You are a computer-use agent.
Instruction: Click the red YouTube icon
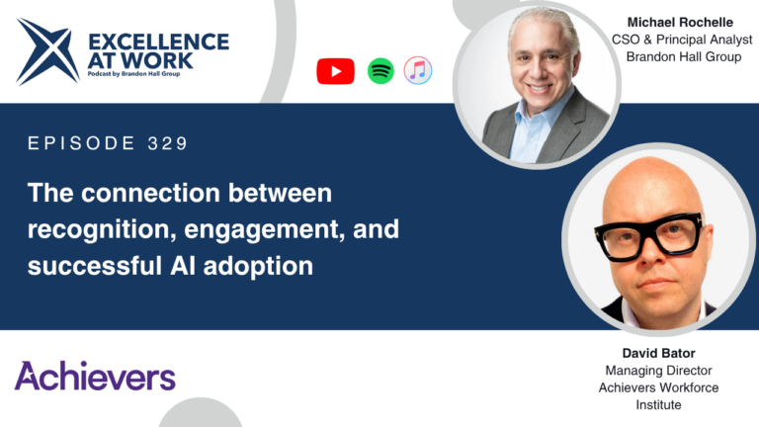pos(335,71)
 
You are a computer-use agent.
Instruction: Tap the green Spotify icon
pos(380,71)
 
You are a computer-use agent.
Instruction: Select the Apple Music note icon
pos(418,71)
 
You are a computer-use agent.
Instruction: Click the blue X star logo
pos(47,51)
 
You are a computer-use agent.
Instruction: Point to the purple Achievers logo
pos(95,376)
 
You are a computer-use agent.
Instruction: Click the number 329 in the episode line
pos(167,143)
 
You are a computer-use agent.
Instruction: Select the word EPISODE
pos(81,143)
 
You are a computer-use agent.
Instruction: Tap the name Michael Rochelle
pos(680,23)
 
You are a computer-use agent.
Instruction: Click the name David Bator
pos(658,353)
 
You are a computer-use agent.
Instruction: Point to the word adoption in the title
pos(258,267)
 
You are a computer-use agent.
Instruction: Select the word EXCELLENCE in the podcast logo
pos(159,43)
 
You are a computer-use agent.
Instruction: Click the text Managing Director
pos(658,371)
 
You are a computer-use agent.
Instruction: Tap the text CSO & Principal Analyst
pos(682,40)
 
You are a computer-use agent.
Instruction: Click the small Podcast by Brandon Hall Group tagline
pos(133,74)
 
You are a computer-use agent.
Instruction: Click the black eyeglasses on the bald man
pos(648,235)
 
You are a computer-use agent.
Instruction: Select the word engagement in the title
pos(264,230)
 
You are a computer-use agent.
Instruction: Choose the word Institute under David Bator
pos(658,404)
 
